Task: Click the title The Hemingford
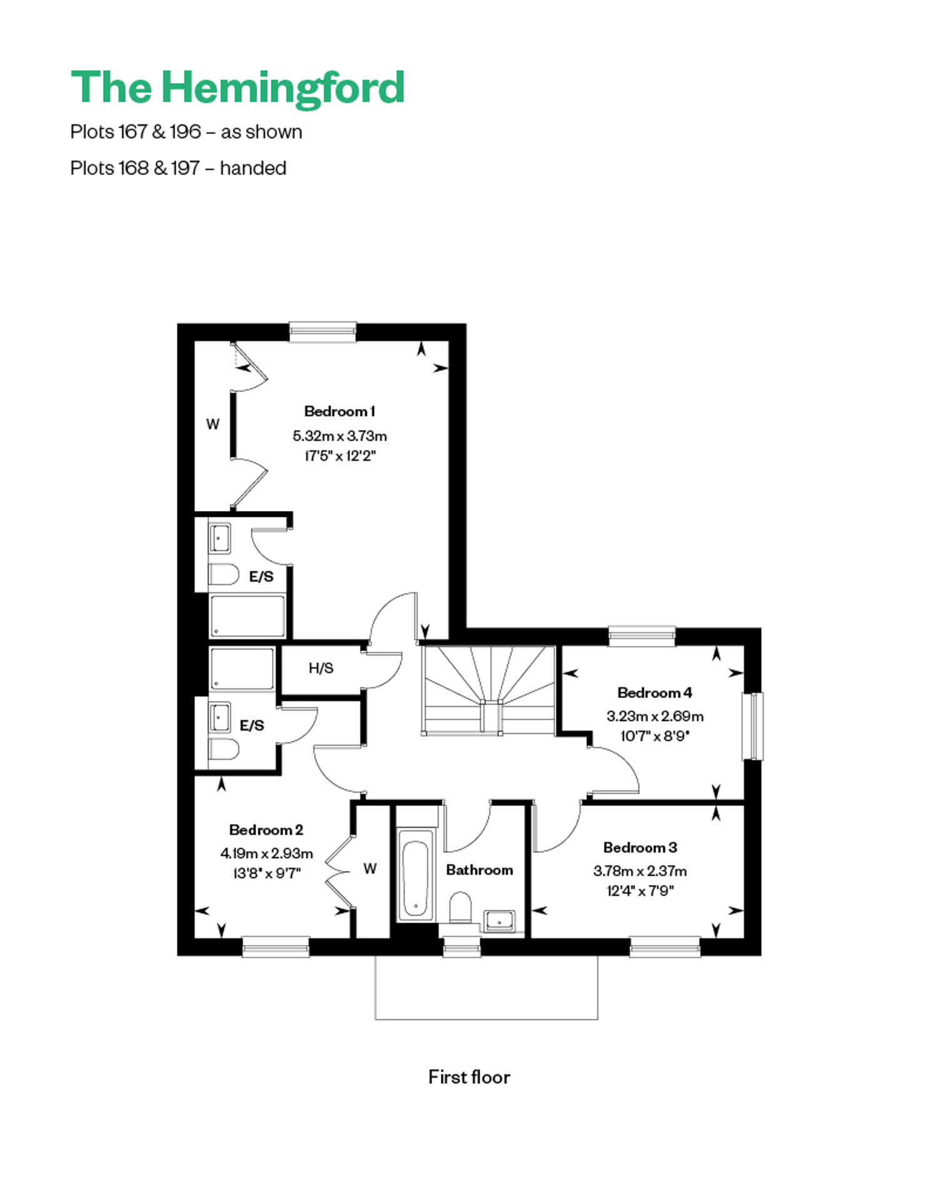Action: coord(238,88)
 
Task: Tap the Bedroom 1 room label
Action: coord(340,412)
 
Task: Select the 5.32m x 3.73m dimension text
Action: coord(340,436)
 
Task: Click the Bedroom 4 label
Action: coord(655,693)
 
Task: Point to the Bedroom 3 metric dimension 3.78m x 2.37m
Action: coord(640,871)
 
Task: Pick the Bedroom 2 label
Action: coord(266,830)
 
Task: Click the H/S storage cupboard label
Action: coord(321,668)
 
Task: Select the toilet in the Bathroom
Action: coord(460,907)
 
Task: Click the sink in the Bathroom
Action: coord(499,921)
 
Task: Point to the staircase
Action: coord(489,690)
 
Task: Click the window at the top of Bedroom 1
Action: coord(323,332)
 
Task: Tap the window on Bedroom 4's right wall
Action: coord(753,726)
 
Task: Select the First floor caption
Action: coord(469,1077)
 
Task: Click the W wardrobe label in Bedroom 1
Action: coord(213,424)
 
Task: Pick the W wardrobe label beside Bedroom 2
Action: coord(370,869)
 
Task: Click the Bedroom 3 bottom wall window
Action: coord(665,947)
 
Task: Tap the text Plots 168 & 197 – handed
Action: coord(178,168)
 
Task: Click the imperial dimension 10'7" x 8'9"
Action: coord(655,736)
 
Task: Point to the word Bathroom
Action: coord(480,870)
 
